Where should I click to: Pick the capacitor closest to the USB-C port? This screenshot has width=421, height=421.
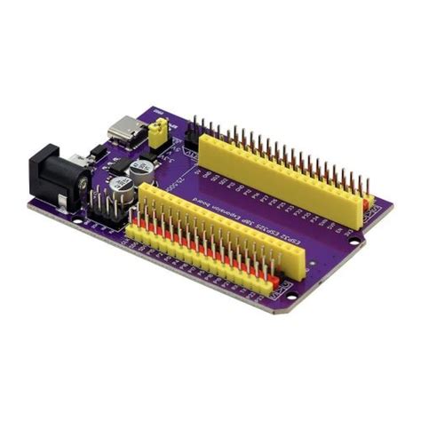(x=141, y=169)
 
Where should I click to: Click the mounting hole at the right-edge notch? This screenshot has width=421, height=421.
(x=354, y=241)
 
